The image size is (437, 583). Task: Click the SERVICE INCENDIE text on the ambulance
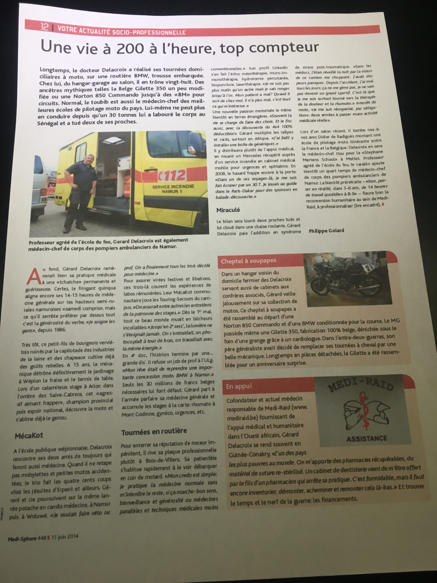[x=173, y=187]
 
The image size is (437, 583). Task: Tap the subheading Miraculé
[x=228, y=210]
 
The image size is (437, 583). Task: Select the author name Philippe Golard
[x=326, y=231]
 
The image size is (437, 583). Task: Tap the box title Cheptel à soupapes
[x=248, y=261]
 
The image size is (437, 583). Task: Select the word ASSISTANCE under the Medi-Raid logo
[x=366, y=439]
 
